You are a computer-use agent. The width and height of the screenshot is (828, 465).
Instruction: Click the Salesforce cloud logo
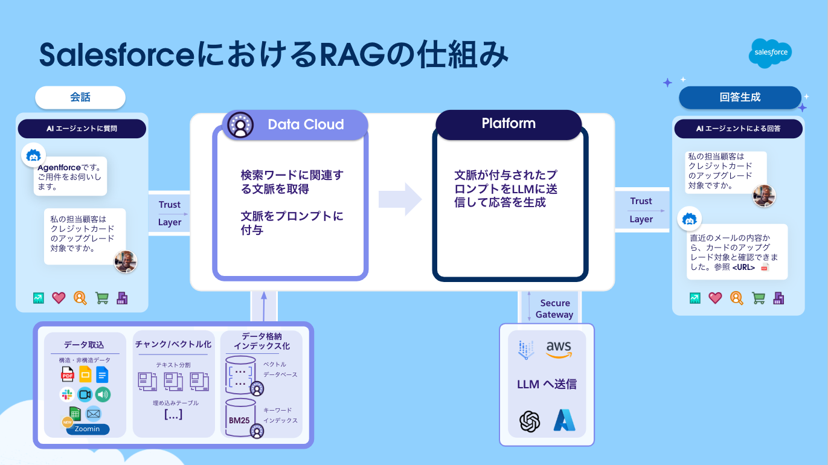pyautogui.click(x=770, y=53)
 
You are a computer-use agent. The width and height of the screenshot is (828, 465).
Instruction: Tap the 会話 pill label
pyautogui.click(x=80, y=97)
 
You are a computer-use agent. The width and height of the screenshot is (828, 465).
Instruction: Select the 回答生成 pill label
pyautogui.click(x=740, y=97)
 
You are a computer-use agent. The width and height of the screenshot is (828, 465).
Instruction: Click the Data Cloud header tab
pyautogui.click(x=295, y=124)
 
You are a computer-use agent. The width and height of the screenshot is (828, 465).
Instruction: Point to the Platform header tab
pyautogui.click(x=509, y=123)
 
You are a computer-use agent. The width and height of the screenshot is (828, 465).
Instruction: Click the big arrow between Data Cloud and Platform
pyautogui.click(x=400, y=198)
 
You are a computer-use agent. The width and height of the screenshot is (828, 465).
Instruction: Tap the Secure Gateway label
pyautogui.click(x=554, y=309)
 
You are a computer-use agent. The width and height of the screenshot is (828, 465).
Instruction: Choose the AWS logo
pyautogui.click(x=558, y=348)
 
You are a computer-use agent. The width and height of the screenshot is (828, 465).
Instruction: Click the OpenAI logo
pyautogui.click(x=529, y=421)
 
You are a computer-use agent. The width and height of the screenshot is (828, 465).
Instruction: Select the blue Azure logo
pyautogui.click(x=564, y=421)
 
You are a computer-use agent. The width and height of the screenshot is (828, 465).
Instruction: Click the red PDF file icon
pyautogui.click(x=68, y=374)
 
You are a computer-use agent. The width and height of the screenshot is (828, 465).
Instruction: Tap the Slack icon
pyautogui.click(x=68, y=395)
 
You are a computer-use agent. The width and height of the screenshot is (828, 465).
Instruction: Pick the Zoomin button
pyautogui.click(x=88, y=429)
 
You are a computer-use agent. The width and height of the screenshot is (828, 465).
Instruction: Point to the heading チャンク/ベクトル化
pyautogui.click(x=173, y=344)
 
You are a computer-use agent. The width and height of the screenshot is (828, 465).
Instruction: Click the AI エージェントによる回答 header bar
pyautogui.click(x=738, y=128)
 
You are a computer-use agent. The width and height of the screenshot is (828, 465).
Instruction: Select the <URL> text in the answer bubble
pyautogui.click(x=743, y=267)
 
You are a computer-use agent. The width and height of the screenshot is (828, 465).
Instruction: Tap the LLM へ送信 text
pyautogui.click(x=547, y=384)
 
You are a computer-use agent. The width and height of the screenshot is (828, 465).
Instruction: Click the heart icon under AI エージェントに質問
pyautogui.click(x=59, y=298)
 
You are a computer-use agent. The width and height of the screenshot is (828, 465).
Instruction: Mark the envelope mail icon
pyautogui.click(x=93, y=414)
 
